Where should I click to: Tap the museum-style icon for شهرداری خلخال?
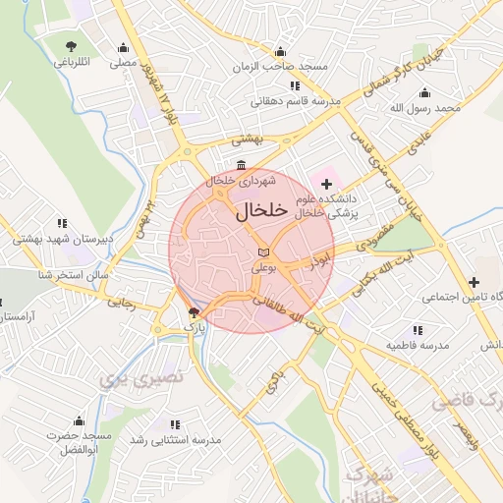pyautogui.click(x=242, y=165)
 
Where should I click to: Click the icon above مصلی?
pyautogui.click(x=123, y=47)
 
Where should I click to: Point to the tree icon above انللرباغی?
pyautogui.click(x=71, y=47)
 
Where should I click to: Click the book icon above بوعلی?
pyautogui.click(x=261, y=252)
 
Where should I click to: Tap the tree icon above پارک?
pyautogui.click(x=193, y=312)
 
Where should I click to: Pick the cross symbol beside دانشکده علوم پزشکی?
pyautogui.click(x=326, y=183)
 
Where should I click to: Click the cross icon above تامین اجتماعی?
pyautogui.click(x=475, y=281)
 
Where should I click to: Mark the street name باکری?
pyautogui.click(x=272, y=376)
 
